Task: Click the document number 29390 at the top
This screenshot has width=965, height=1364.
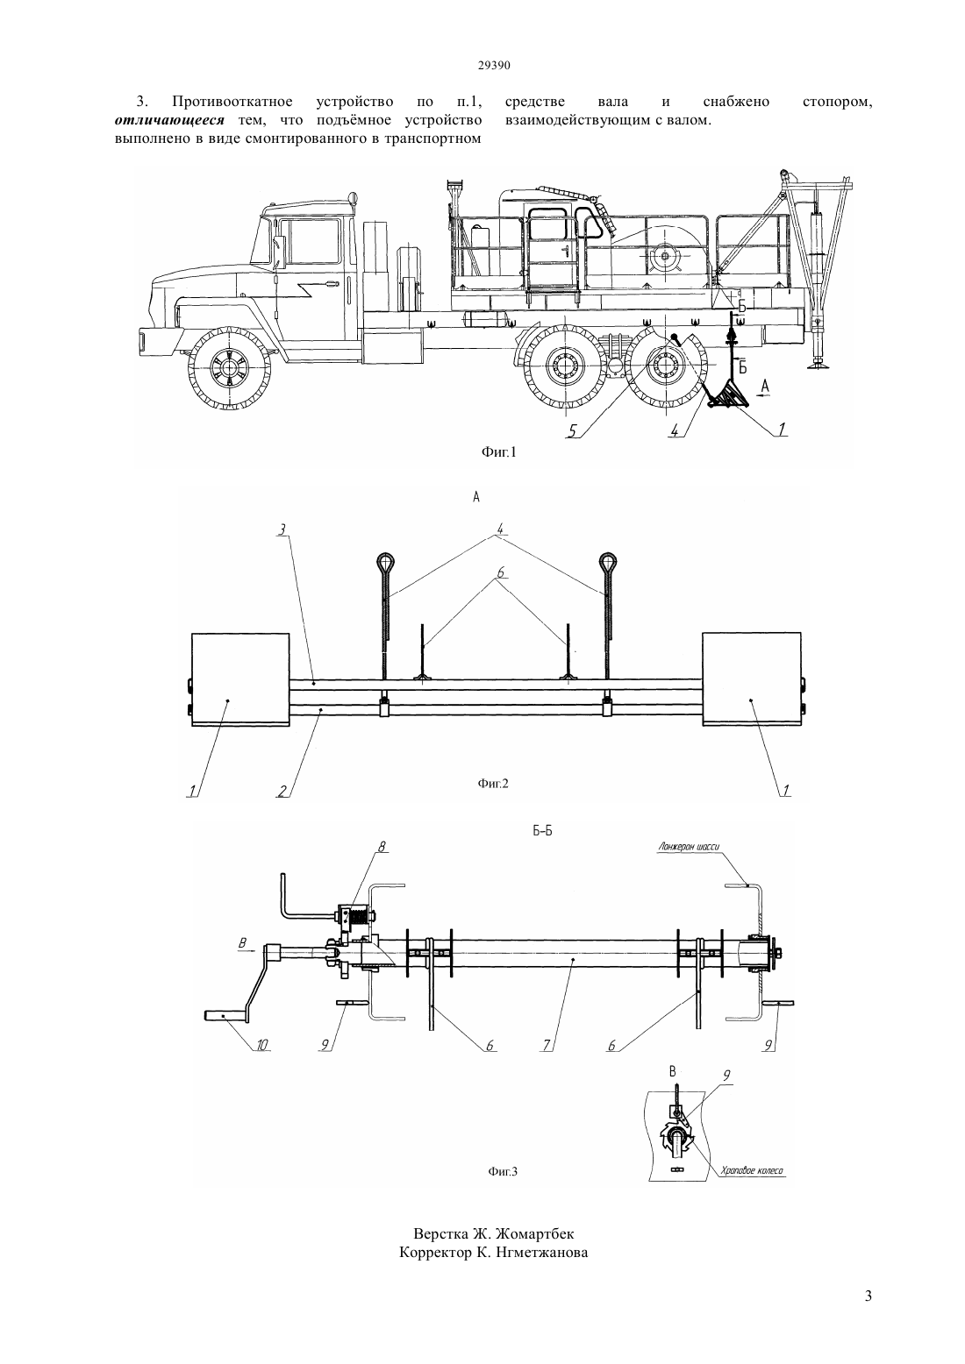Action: [493, 66]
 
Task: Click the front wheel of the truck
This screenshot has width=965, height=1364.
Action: [228, 368]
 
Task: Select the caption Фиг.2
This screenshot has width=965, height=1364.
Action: [493, 784]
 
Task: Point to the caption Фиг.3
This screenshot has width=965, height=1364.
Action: [503, 1171]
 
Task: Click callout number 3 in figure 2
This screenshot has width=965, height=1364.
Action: [282, 530]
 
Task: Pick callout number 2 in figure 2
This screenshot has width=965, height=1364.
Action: [282, 791]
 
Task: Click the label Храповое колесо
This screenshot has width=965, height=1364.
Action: [752, 1170]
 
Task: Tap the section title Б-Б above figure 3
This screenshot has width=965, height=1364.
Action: [542, 830]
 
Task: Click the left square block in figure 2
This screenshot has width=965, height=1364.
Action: [240, 678]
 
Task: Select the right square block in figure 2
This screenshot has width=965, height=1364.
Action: [751, 678]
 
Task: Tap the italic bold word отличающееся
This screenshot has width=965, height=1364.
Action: [170, 119]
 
